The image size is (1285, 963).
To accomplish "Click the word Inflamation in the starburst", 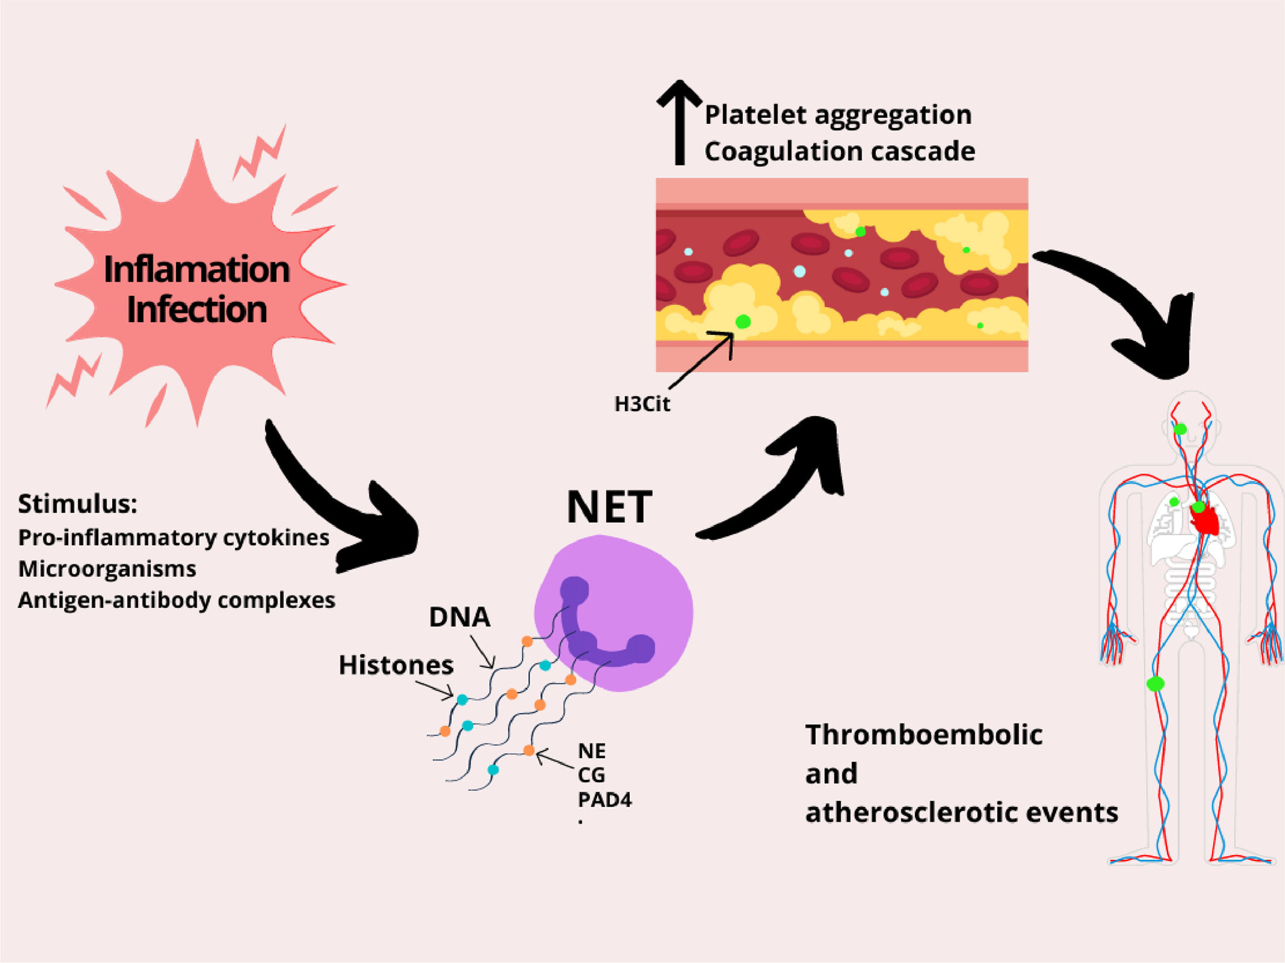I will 196,270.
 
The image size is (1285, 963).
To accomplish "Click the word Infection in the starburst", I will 196,310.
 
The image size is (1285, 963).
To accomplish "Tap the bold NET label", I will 609,507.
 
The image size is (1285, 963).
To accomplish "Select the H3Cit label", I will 642,404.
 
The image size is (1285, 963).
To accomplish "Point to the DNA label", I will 460,617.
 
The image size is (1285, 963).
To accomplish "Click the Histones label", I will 396,665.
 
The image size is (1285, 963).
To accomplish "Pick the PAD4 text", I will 604,800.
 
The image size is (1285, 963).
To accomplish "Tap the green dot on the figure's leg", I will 1155,684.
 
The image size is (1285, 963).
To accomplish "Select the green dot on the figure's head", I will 1180,429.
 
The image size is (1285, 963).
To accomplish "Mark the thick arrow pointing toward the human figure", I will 1127,308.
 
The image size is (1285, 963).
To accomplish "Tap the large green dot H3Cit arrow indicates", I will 742,322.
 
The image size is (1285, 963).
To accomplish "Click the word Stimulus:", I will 77,504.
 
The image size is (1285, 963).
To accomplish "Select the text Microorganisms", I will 107,569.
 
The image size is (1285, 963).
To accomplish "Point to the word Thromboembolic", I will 923,735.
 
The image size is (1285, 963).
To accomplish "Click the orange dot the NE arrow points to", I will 528,751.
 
